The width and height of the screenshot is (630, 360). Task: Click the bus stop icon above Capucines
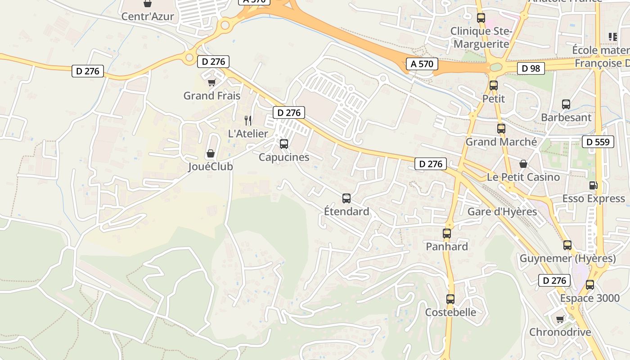pos(284,144)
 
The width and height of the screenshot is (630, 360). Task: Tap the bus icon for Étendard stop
pos(346,198)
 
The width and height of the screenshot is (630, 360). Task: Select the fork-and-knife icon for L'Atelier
pos(247,120)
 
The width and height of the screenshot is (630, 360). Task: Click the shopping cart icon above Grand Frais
pos(212,83)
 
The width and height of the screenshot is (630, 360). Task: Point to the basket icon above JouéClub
pos(210,153)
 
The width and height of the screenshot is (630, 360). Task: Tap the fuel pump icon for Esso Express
pos(594,185)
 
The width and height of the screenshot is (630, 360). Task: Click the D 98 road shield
pos(531,68)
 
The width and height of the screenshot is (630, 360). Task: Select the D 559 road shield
pos(598,142)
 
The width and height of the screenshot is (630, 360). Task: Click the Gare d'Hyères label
pos(502,211)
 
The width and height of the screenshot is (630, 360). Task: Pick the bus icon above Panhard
pos(447,234)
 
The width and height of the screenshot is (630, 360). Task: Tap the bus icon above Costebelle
pos(450,299)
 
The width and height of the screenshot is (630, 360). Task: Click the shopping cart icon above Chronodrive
pos(560,319)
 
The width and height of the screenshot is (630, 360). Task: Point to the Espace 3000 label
pos(589,298)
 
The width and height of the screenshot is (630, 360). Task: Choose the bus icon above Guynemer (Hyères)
pos(567,245)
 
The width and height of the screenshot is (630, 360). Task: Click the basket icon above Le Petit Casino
pos(523,164)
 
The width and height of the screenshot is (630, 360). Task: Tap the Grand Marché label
pos(501,142)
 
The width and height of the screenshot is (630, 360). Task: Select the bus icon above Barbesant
pos(566,104)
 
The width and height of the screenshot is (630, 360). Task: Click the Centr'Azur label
pos(148,17)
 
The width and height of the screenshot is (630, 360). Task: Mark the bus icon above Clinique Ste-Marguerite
pos(481,18)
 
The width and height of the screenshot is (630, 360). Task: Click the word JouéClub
pos(210,167)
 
